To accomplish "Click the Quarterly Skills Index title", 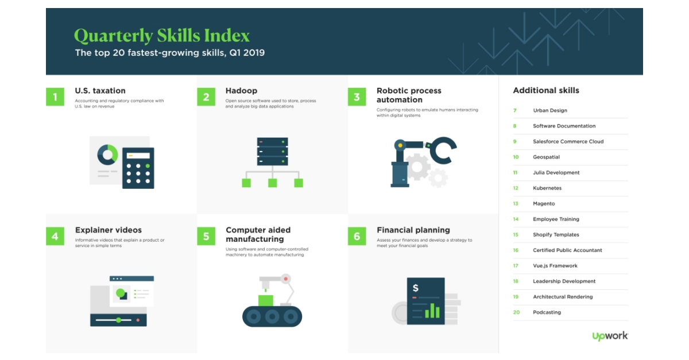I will click(162, 36).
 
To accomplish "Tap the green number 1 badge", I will click(55, 97).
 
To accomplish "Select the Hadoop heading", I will click(241, 91).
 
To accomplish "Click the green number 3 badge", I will click(357, 97).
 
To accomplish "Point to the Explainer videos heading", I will click(108, 230).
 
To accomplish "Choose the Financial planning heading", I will click(413, 230).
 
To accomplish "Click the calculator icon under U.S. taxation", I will click(138, 168).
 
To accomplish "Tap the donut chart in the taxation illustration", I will click(107, 154).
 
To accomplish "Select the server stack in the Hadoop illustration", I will click(272, 151).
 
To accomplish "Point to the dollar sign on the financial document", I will click(416, 288).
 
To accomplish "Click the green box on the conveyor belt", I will click(266, 300).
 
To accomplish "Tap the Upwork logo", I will click(610, 336).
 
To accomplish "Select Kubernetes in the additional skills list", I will click(547, 188).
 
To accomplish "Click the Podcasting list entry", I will click(547, 312).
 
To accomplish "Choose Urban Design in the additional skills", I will click(549, 110).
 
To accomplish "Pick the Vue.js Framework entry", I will click(555, 266).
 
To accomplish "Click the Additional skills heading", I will click(546, 90).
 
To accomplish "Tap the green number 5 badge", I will click(206, 235).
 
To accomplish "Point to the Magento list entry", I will click(544, 204).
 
